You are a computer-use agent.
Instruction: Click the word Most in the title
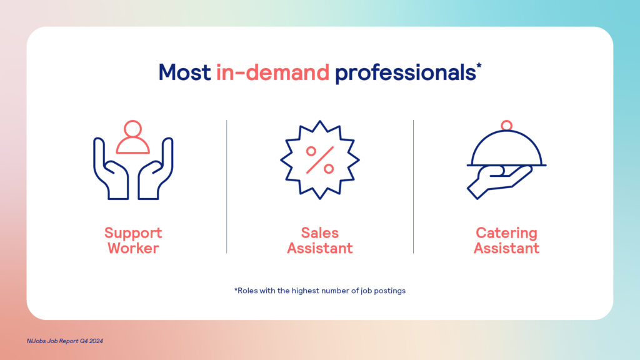pyautogui.click(x=184, y=72)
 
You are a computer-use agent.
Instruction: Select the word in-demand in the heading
pyautogui.click(x=272, y=72)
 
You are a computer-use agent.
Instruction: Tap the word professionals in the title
pyautogui.click(x=405, y=74)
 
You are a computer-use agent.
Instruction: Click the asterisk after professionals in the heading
pyautogui.click(x=479, y=66)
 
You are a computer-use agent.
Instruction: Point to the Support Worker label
pyautogui.click(x=133, y=241)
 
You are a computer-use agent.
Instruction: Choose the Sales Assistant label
pyautogui.click(x=319, y=241)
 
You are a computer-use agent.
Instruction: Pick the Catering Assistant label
pyautogui.click(x=506, y=241)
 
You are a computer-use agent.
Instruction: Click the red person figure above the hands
pyautogui.click(x=132, y=137)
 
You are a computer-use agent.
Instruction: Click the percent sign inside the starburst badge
pyautogui.click(x=320, y=160)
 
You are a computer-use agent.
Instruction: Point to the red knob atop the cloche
pyautogui.click(x=506, y=125)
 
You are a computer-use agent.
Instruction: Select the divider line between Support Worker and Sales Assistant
pyautogui.click(x=226, y=186)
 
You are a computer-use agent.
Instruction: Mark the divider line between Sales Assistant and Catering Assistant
pyautogui.click(x=414, y=186)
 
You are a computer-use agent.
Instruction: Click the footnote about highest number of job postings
pyautogui.click(x=319, y=291)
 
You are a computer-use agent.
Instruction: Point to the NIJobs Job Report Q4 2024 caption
pyautogui.click(x=65, y=341)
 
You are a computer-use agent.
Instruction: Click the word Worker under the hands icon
pyautogui.click(x=133, y=248)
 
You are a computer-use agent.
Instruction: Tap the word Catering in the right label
pyautogui.click(x=506, y=233)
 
